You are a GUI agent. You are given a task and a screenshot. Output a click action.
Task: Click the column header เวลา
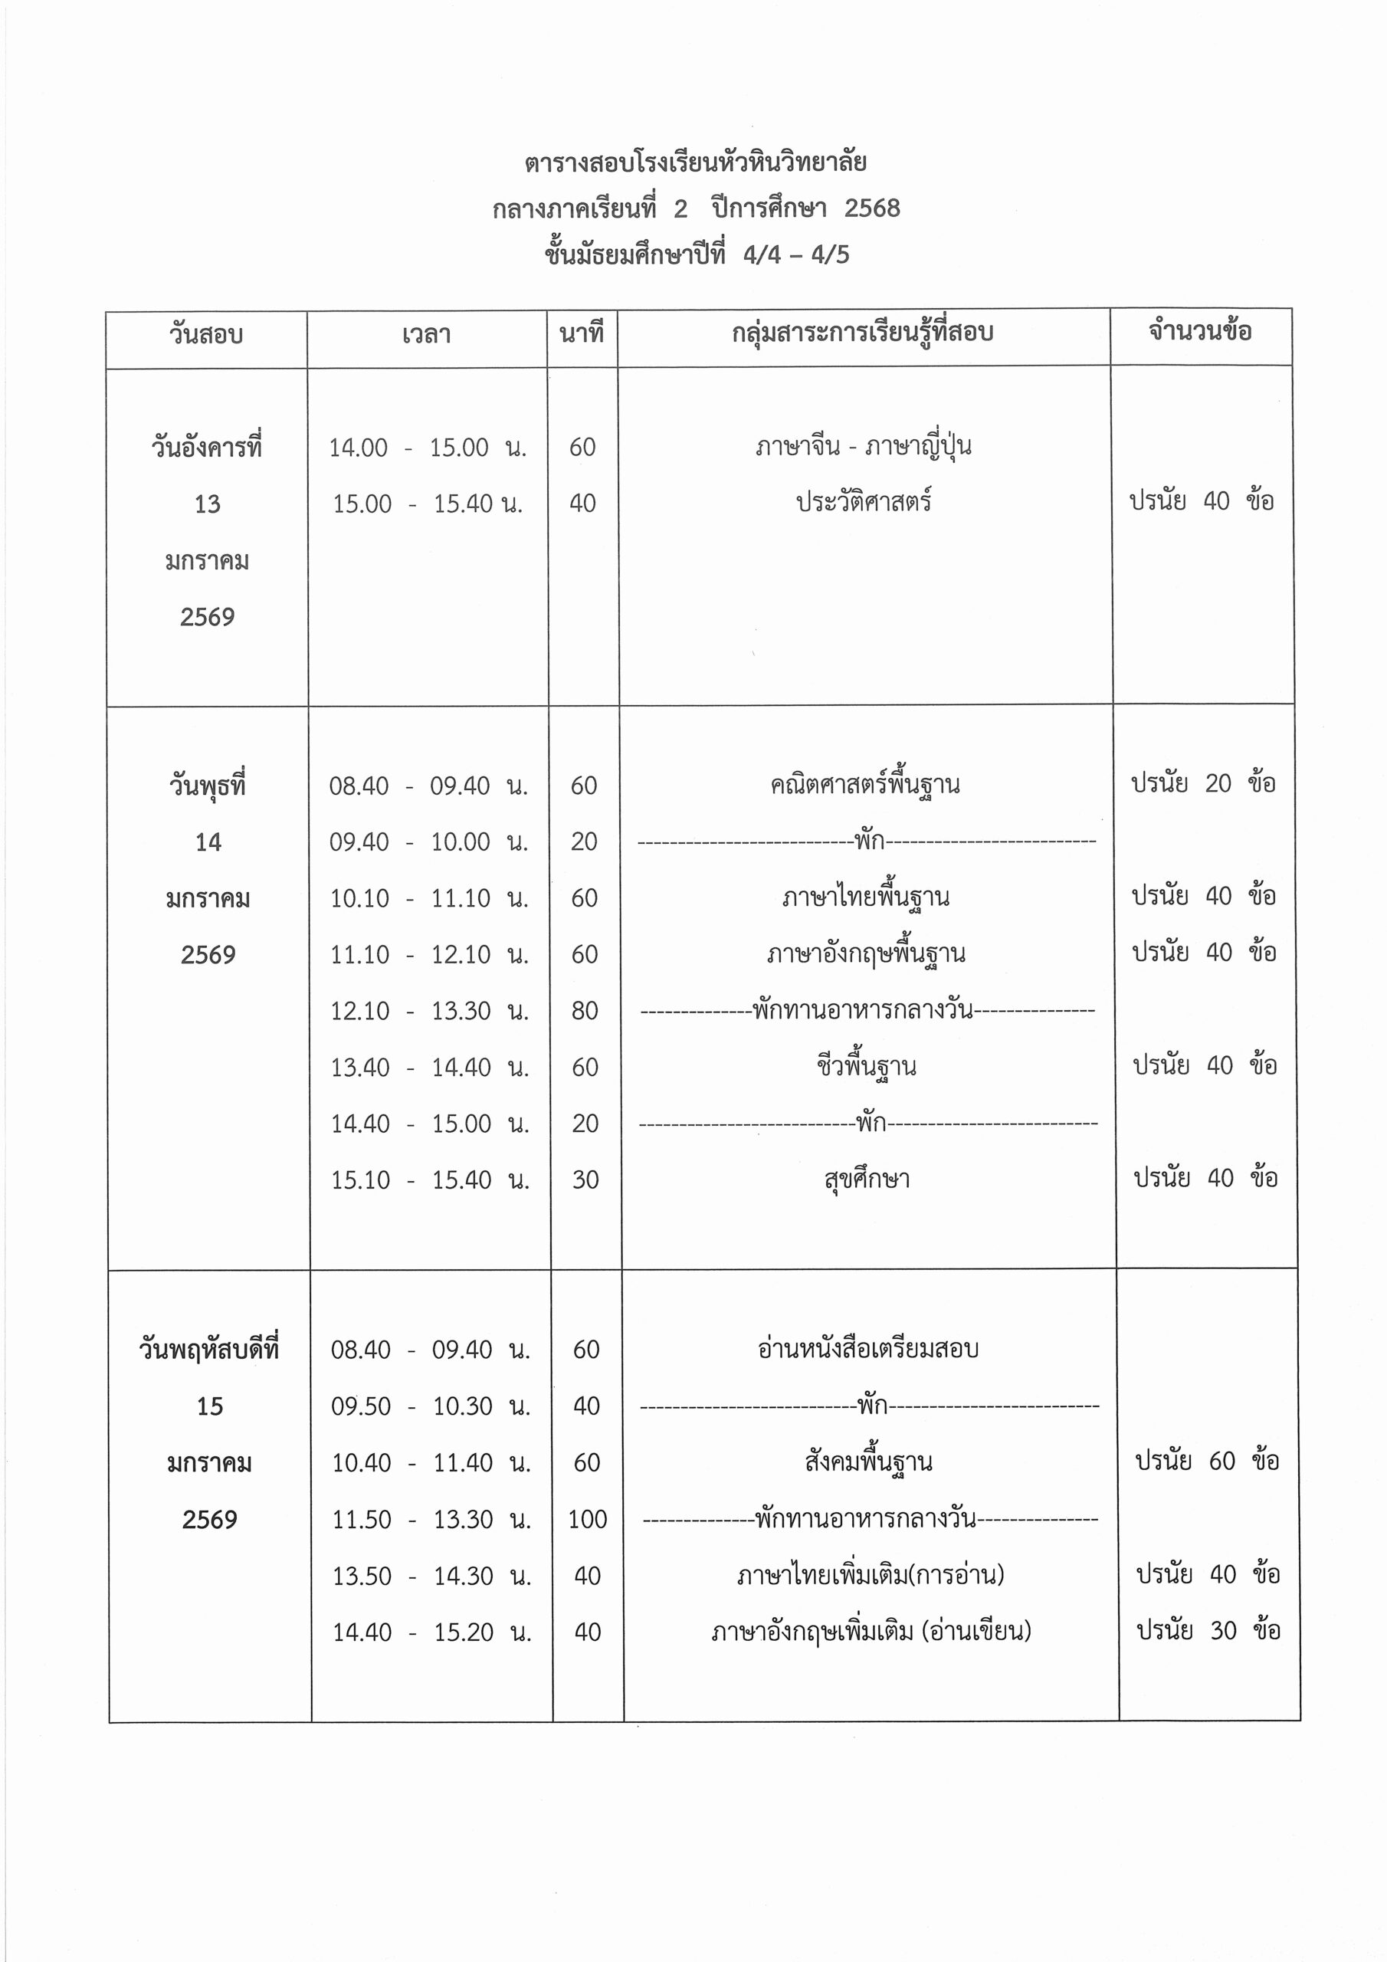(x=425, y=335)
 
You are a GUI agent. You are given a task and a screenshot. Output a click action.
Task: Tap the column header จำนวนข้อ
(x=1200, y=332)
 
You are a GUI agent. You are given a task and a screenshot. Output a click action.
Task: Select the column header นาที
(x=581, y=333)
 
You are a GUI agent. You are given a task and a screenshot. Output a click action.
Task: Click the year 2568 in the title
(x=872, y=208)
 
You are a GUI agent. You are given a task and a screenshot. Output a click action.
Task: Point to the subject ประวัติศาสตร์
(x=863, y=501)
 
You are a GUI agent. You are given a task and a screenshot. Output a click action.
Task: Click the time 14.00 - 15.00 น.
(x=428, y=448)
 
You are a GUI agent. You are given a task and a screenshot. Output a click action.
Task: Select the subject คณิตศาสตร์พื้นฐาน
(x=865, y=785)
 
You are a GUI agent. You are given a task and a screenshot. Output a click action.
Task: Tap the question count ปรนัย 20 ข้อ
(x=1203, y=783)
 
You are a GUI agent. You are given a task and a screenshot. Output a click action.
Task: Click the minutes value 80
(x=585, y=1011)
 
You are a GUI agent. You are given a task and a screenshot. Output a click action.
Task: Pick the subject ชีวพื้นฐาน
(x=866, y=1066)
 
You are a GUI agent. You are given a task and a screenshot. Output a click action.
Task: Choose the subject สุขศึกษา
(x=867, y=1180)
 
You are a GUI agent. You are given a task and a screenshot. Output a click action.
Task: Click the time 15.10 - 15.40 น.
(x=430, y=1180)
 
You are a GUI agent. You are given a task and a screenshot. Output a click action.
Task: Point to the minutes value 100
(x=587, y=1519)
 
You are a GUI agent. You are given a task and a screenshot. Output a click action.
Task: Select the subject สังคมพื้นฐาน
(x=867, y=1462)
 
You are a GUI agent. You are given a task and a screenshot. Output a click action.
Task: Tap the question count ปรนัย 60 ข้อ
(x=1207, y=1462)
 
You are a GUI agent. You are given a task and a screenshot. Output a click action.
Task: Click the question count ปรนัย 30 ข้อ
(x=1208, y=1630)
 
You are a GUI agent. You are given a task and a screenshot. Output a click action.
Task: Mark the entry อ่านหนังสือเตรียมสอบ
(x=867, y=1350)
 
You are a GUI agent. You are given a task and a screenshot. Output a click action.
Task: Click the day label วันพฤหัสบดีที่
(x=209, y=1350)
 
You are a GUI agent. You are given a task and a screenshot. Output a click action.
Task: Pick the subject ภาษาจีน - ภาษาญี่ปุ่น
(x=863, y=446)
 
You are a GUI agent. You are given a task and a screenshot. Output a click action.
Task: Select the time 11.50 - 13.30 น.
(x=431, y=1519)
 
